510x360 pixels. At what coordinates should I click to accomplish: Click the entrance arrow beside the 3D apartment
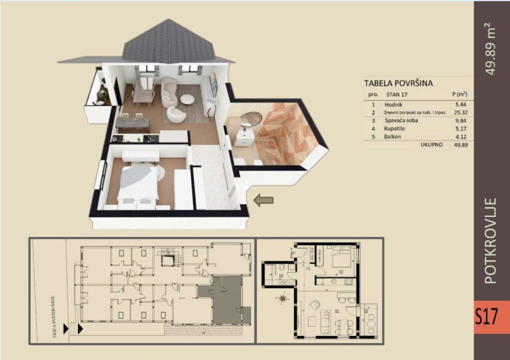point(263,200)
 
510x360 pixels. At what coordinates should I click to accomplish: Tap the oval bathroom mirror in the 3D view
point(251,120)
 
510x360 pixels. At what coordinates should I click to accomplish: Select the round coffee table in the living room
point(188,100)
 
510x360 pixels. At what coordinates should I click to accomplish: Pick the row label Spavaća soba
point(401,120)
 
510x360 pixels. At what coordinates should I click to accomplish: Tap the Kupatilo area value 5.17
point(461,128)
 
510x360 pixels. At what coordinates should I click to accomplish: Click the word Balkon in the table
point(393,136)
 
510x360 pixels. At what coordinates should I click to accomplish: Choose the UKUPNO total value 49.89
point(460,145)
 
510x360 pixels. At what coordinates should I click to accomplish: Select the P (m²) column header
point(459,94)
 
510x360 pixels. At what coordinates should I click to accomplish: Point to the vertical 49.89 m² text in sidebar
point(491,49)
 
